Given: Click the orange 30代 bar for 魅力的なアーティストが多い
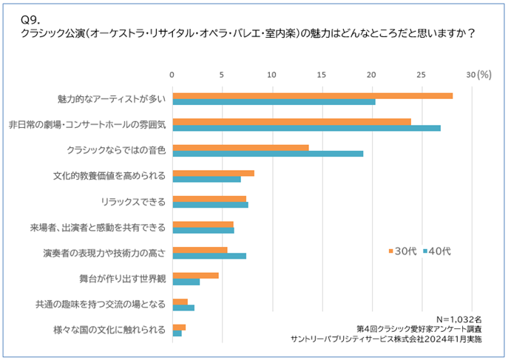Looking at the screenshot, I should point(312,95).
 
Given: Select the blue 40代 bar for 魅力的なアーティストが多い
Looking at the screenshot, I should point(274,102).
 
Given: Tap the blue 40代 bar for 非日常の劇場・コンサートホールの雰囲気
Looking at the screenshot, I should point(306,128).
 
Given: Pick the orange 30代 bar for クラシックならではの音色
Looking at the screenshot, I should point(240,147).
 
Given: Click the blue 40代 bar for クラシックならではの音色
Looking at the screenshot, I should point(268,154).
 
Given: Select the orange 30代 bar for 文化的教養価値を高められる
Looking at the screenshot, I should point(213,173).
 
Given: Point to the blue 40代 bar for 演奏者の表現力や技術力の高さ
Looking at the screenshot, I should point(209,256).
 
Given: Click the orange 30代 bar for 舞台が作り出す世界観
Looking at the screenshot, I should point(195,276).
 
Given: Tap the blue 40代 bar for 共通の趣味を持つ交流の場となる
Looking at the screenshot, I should point(183,308).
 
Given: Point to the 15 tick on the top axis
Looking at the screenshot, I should point(322,74).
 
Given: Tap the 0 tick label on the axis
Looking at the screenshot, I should point(172,74).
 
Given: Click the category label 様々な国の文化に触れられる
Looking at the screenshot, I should point(109,330).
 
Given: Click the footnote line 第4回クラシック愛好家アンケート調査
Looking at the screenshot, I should point(419,327).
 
